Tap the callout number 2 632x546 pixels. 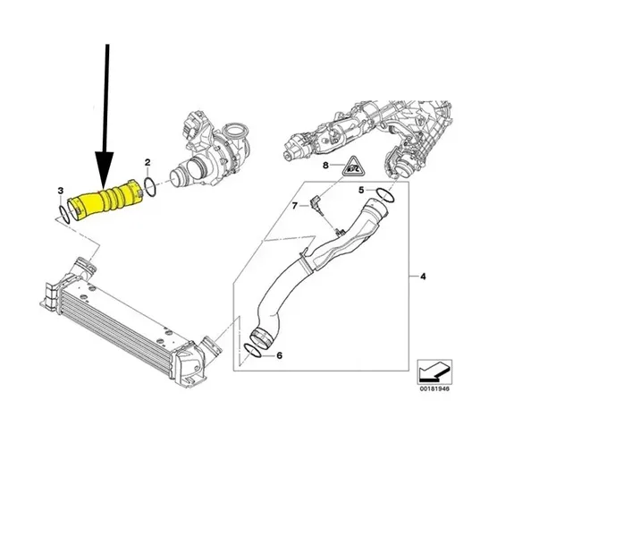tap(147, 162)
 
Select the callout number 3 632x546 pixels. tap(61, 191)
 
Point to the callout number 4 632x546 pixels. tap(423, 277)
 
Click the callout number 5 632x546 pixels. tap(361, 190)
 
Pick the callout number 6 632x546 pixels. tap(279, 355)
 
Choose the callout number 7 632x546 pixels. tap(295, 206)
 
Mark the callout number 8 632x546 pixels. tap(325, 165)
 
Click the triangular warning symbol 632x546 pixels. tap(353, 166)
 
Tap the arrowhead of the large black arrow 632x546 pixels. tap(104, 169)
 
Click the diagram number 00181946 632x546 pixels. tap(434, 389)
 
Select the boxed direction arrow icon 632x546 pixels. tap(434, 371)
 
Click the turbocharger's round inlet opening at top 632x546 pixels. tap(235, 132)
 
